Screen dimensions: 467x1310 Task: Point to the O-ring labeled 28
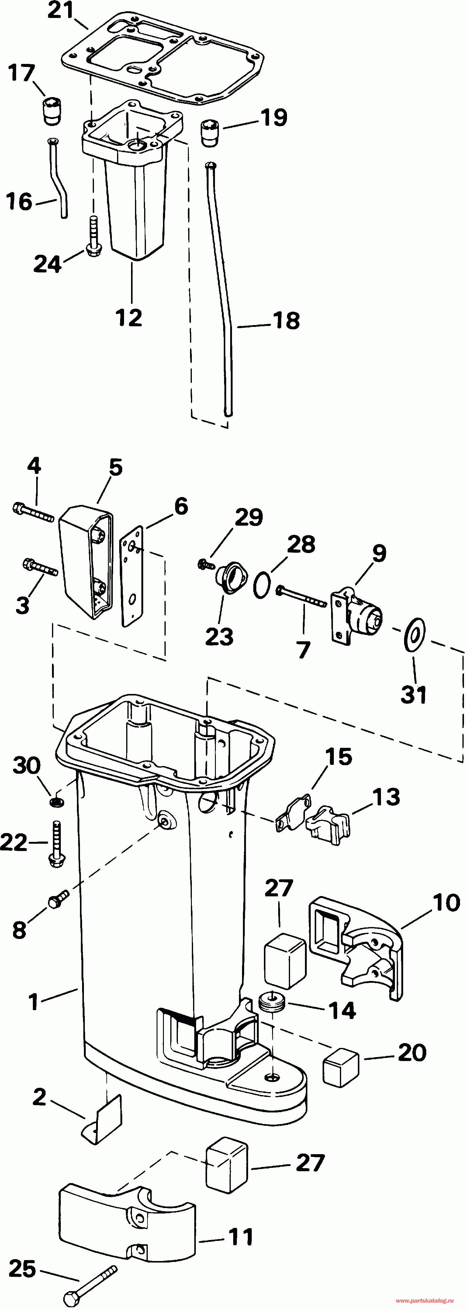262,585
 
